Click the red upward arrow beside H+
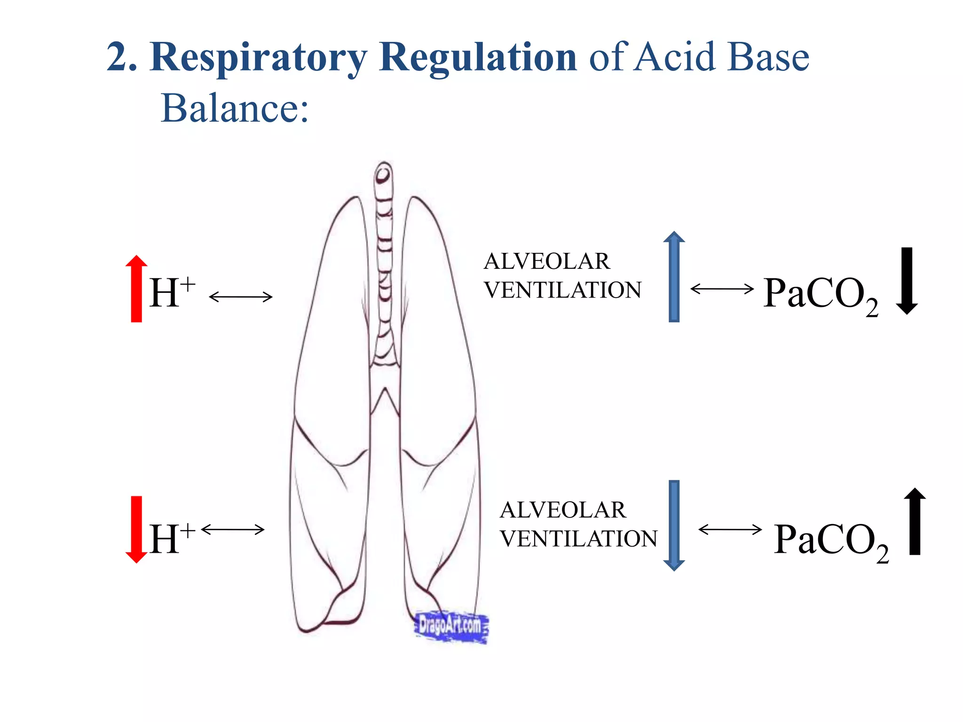pos(136,289)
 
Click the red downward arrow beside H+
pos(136,529)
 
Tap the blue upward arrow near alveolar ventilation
pos(674,277)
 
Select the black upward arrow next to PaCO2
pos(915,522)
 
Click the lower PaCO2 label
pos(830,541)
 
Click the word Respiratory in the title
pos(258,57)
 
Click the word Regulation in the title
pos(477,57)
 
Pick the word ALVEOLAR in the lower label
pos(562,510)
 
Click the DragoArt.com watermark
pos(450,627)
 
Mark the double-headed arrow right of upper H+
pos(241,297)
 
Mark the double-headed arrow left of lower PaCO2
pos(730,530)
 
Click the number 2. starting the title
pos(121,57)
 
